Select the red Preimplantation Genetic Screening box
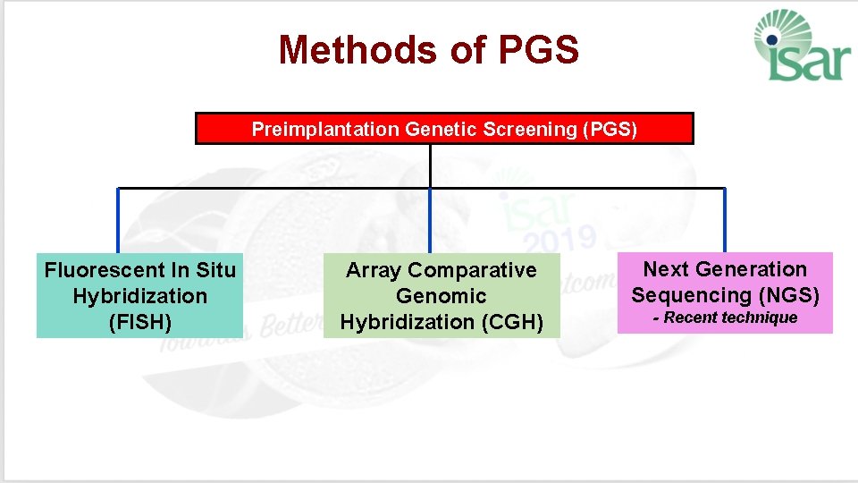click(444, 129)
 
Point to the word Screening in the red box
click(529, 130)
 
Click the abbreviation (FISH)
click(139, 322)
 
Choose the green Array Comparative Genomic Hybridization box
click(442, 296)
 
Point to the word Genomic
click(442, 296)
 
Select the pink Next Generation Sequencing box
click(725, 293)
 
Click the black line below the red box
click(430, 166)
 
